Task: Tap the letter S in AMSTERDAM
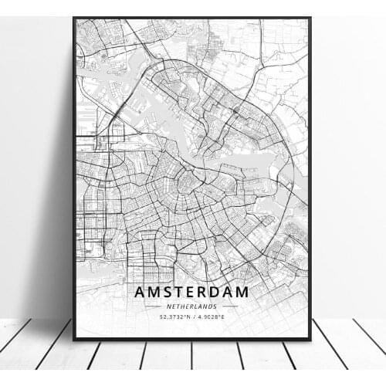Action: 169,293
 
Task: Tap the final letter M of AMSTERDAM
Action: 245,293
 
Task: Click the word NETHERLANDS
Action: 192,306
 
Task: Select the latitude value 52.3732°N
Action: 172,316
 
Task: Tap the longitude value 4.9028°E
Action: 214,316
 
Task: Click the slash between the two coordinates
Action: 193,316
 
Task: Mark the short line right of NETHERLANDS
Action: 229,306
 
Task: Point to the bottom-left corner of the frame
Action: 74,339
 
